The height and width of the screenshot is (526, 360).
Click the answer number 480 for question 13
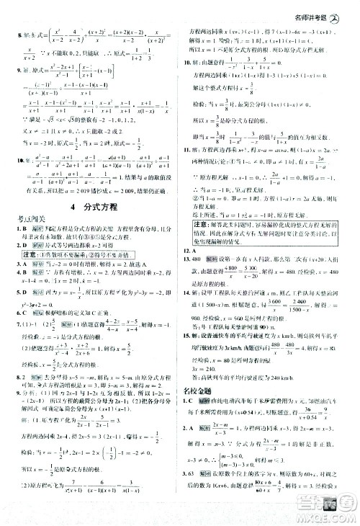(x=197, y=257)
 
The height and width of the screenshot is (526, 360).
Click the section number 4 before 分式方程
(x=75, y=212)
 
